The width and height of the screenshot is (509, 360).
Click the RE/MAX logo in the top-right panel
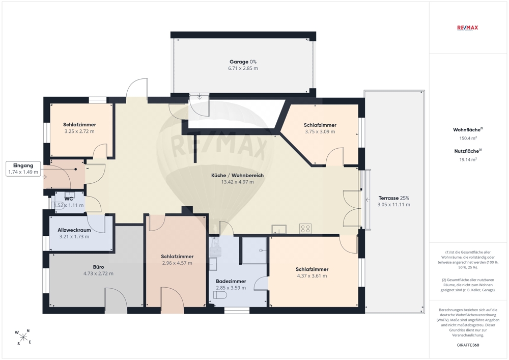[x=467, y=27]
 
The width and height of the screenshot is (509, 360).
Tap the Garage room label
[x=239, y=62]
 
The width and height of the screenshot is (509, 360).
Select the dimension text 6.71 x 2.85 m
[x=243, y=68]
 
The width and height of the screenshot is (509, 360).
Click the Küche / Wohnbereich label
[x=237, y=175]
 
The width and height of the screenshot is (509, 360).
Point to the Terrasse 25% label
[x=394, y=198]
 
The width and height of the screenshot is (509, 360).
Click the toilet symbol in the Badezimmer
[x=220, y=295]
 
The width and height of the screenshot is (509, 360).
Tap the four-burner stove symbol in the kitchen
[x=305, y=229]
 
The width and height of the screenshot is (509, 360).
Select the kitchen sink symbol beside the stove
[x=279, y=229]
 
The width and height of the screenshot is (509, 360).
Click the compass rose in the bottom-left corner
[x=23, y=337]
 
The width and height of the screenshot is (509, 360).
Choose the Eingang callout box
[x=23, y=169]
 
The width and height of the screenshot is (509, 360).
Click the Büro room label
[x=98, y=267]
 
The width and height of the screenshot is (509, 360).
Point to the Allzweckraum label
[x=74, y=230]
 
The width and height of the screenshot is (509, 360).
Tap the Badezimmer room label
[x=231, y=281]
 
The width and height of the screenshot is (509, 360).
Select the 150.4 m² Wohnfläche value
[x=468, y=138]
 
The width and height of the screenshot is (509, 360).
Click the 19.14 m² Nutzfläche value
[x=468, y=159]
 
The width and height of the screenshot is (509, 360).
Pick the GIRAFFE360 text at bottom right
[x=467, y=345]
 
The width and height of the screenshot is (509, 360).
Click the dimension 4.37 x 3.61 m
[x=312, y=276]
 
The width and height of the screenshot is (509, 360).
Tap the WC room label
[x=69, y=199]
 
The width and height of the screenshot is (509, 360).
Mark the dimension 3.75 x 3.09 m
[x=320, y=131]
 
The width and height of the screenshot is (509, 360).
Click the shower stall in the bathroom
[x=254, y=251]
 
